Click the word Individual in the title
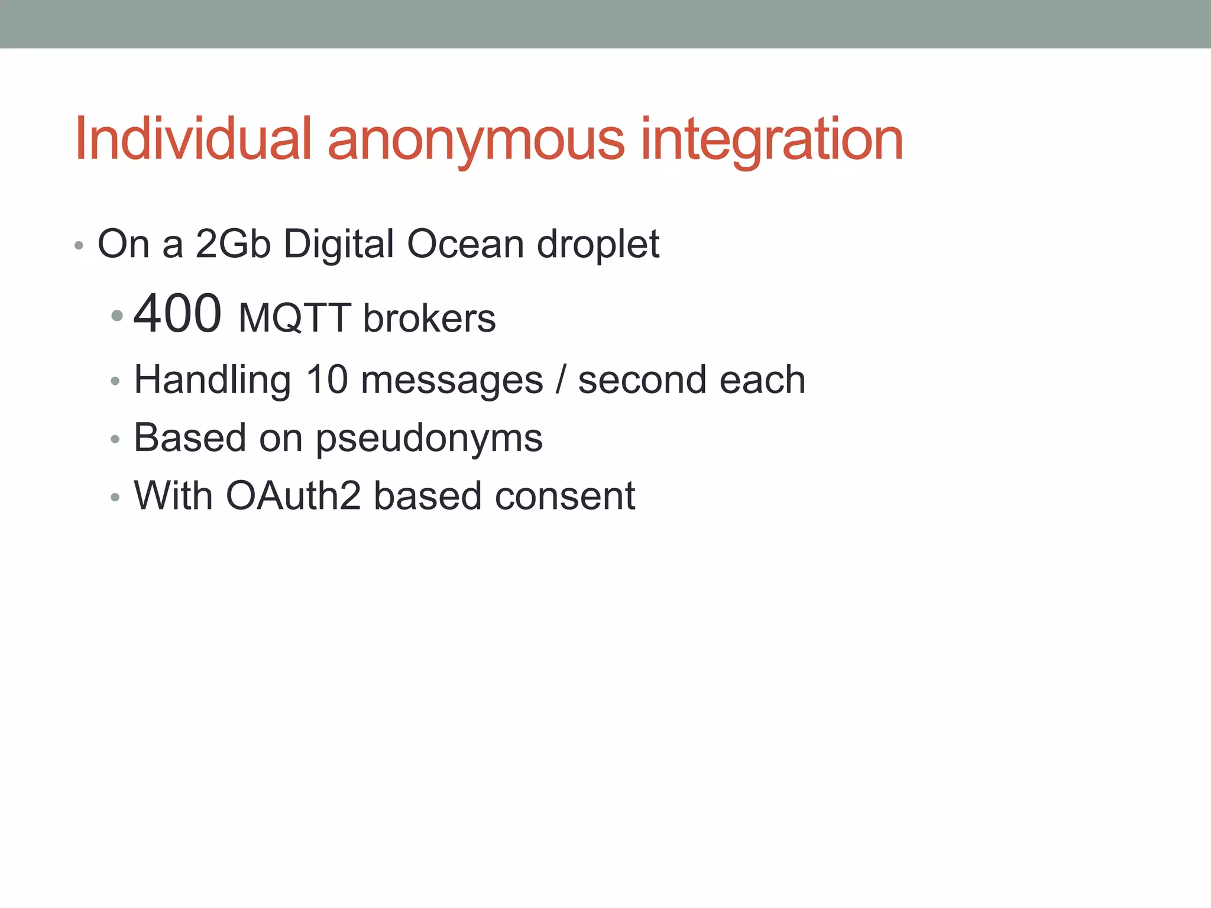(193, 139)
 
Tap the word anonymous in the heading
(475, 142)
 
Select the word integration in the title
(772, 142)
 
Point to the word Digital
(338, 245)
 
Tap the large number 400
(177, 314)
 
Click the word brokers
(429, 319)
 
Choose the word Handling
(212, 381)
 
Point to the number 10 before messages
(326, 380)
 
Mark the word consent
(565, 496)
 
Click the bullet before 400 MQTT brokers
(116, 315)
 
